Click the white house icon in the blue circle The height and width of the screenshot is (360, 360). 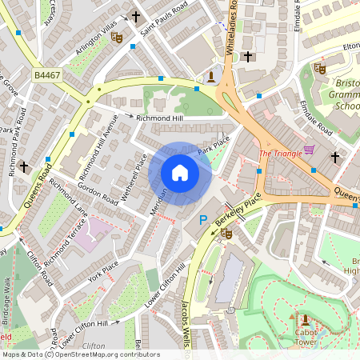pyautogui.click(x=180, y=172)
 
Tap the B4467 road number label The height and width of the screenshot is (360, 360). pyautogui.click(x=46, y=74)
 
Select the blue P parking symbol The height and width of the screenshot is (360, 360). pyautogui.click(x=202, y=219)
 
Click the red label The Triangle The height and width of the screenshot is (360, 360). pyautogui.click(x=280, y=153)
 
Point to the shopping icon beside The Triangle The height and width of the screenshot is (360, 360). pyautogui.click(x=309, y=150)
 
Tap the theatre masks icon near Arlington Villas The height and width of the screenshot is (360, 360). pyautogui.click(x=117, y=36)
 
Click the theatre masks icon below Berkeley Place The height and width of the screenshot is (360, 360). pyautogui.click(x=226, y=234)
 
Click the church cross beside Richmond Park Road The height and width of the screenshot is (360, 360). pyautogui.click(x=25, y=167)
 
